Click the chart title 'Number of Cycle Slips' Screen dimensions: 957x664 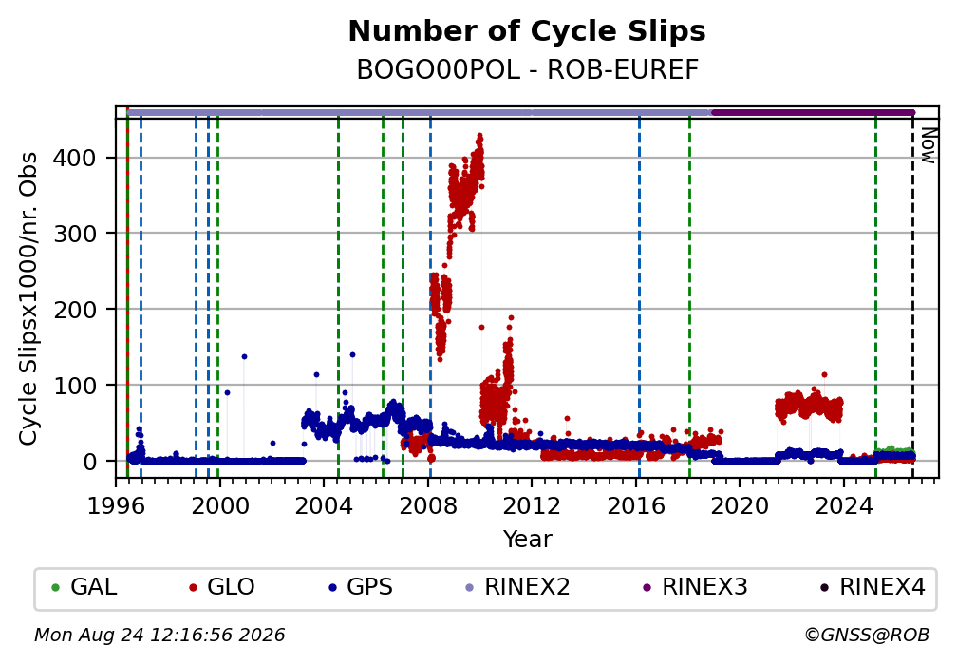(527, 31)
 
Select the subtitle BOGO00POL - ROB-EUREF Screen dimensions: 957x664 (527, 70)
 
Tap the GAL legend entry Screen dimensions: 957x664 (84, 587)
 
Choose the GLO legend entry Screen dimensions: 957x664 (222, 587)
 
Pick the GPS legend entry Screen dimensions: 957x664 (361, 587)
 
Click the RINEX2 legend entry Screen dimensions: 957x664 (517, 587)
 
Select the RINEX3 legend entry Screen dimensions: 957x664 (695, 587)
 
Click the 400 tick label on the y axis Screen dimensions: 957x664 (75, 159)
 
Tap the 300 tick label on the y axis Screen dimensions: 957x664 (75, 234)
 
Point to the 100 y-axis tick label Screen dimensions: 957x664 (75, 386)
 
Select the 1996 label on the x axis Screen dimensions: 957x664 (117, 505)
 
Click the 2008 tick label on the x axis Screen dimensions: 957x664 (428, 505)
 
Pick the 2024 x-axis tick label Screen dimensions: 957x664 (844, 505)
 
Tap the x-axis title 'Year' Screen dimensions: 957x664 (527, 540)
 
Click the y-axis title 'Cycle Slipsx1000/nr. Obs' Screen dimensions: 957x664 (28, 298)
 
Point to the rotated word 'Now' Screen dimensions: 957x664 (928, 145)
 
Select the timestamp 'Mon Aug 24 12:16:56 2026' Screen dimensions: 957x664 (159, 636)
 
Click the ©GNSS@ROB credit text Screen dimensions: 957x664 (867, 636)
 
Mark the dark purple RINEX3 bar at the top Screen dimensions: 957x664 (813, 112)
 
